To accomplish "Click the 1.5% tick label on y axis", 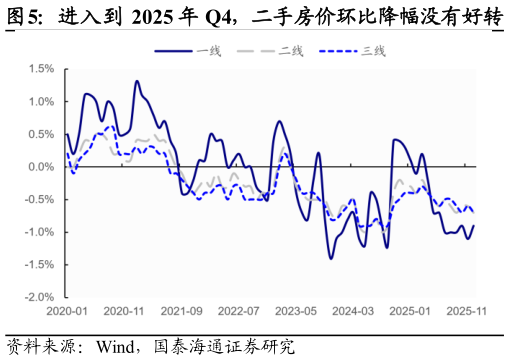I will point(40,69).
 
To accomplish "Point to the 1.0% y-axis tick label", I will point(40,102).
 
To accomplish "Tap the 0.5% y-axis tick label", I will point(40,134).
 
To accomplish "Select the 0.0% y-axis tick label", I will point(40,167).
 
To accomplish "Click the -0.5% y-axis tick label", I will point(38,199).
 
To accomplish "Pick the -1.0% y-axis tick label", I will point(38,232).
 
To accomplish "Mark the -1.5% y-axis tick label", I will point(38,265).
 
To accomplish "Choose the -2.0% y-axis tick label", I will point(38,297).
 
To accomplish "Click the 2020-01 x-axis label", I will point(67,311).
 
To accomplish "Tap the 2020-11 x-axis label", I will point(125,311).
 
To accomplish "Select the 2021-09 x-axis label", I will point(182,311).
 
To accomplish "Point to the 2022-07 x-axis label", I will point(239,311).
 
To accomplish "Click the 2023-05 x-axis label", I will point(296,311).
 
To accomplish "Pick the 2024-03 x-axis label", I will point(353,311).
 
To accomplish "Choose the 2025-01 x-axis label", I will point(410,311).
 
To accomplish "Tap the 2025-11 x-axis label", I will point(467,311).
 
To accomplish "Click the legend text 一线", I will point(209,50).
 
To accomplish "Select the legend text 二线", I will point(291,50).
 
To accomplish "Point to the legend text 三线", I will point(373,50).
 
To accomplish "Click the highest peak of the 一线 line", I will point(137,82).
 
